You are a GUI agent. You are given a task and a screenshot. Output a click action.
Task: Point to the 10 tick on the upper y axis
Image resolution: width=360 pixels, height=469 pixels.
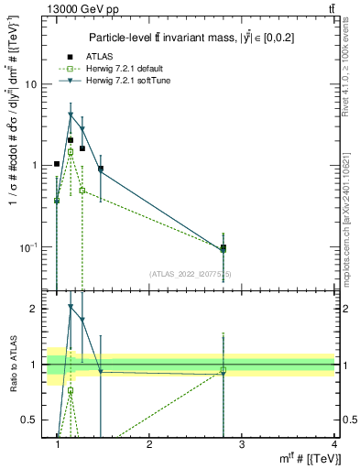click(30, 84)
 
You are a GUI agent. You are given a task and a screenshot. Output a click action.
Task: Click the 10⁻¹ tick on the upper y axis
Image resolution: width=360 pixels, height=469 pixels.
click(27, 247)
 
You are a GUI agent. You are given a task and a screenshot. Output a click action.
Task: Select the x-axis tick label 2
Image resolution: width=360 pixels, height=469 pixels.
click(149, 444)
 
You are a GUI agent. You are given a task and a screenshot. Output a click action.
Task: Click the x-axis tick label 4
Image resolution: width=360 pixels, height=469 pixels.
click(333, 444)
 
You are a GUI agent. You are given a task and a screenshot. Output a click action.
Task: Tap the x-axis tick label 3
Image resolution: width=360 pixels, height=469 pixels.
click(241, 444)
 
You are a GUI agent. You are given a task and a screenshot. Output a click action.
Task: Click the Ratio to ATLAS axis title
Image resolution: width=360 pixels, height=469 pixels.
click(14, 364)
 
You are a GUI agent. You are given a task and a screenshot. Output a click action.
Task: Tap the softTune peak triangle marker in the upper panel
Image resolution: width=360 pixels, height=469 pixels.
click(71, 115)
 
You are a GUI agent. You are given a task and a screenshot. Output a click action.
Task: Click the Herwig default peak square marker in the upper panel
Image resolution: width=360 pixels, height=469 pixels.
click(71, 152)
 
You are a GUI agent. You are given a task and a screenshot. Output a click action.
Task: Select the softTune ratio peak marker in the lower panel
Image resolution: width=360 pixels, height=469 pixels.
click(71, 307)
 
